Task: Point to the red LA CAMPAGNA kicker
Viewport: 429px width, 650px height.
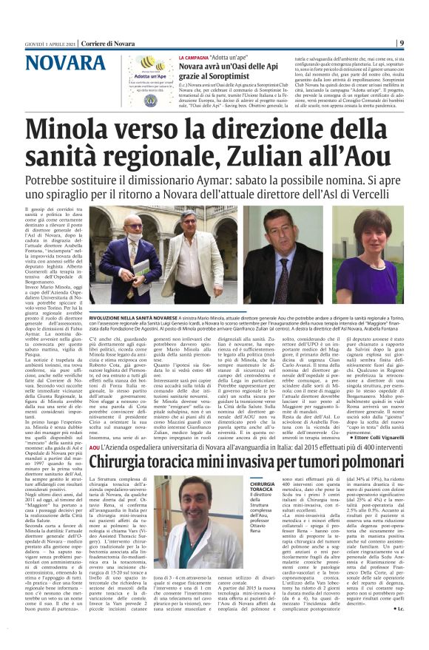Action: coord(193,57)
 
